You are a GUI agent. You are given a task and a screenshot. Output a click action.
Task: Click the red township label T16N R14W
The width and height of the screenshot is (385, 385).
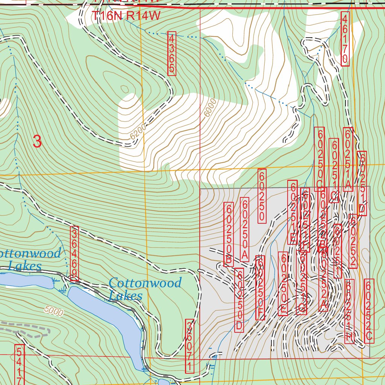coord(126,16)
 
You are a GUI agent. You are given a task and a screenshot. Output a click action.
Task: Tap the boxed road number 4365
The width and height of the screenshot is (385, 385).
coord(172,53)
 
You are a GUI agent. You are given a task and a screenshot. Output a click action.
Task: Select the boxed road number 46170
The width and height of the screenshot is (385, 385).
coord(345,39)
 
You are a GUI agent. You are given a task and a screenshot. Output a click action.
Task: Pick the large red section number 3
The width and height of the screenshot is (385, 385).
coord(37,142)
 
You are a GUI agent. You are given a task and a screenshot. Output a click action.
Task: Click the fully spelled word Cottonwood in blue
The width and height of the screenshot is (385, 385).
coord(145,283)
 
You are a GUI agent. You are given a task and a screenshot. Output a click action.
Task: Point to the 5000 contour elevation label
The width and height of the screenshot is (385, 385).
coord(53,311)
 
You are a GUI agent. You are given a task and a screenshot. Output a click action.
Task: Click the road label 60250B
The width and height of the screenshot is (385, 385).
coord(228,235)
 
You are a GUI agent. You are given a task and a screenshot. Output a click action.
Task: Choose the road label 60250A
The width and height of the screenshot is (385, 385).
coord(244,229)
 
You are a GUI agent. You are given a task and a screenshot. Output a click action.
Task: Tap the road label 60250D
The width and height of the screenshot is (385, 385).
coord(239,300)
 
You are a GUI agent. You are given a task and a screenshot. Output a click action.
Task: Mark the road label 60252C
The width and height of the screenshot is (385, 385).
coord(369,311)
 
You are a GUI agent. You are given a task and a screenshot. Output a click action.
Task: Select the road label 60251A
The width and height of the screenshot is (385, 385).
coord(348,159)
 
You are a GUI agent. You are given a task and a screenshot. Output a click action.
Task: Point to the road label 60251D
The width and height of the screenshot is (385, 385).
coord(362,183)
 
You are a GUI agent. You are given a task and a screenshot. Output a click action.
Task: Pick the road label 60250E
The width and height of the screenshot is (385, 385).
coord(283,283)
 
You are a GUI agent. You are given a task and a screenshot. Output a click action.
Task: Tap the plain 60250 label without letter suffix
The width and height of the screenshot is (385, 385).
coord(262,196)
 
